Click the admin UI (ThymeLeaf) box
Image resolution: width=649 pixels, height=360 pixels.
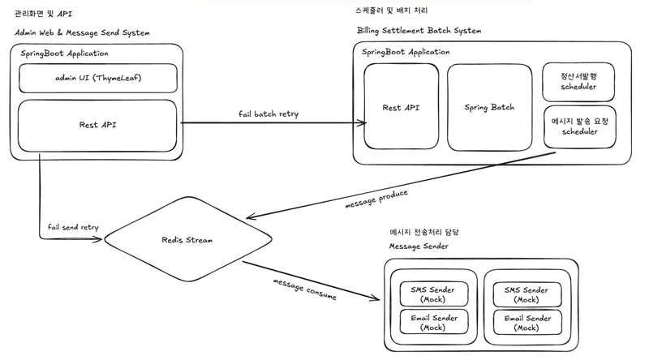[x=97, y=78]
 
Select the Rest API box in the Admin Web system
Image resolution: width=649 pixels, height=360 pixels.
[x=97, y=125]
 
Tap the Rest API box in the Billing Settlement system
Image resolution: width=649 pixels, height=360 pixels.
[x=401, y=107]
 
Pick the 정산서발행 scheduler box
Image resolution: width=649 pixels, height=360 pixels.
[x=578, y=81]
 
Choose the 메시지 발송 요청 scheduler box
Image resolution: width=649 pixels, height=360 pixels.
[x=578, y=126]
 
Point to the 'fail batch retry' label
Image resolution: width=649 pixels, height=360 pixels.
[x=269, y=114]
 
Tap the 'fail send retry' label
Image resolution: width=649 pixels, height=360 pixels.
[x=73, y=227]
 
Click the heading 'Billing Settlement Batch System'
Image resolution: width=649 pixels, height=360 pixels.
[x=419, y=31]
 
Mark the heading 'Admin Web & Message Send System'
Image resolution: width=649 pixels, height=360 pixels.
[x=82, y=32]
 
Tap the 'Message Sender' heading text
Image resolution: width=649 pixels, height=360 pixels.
[x=419, y=246]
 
